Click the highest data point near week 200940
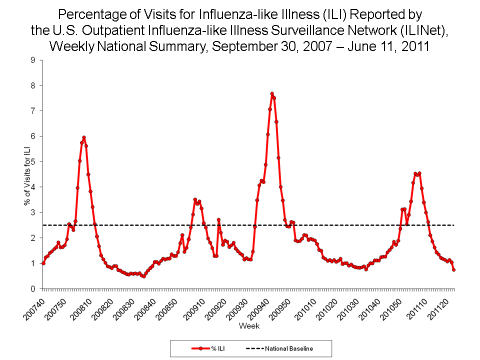272,93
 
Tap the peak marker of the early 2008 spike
84,137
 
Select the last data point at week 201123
453,269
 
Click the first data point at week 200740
43,263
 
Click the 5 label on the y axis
33,161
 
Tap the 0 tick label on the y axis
33,289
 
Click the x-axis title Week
248,326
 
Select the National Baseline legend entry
280,348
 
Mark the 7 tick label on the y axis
33,110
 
